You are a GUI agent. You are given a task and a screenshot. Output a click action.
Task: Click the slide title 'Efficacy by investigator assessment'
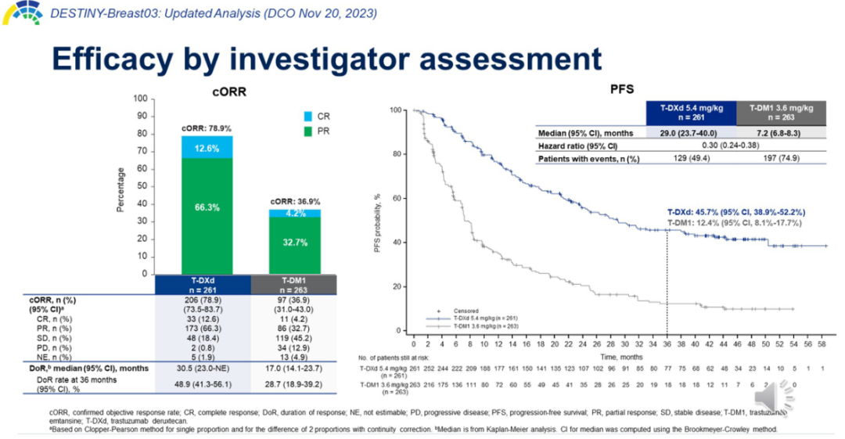[325, 59]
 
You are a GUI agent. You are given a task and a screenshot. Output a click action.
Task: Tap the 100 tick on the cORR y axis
[140, 99]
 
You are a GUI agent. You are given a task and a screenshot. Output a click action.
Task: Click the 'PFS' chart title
[622, 90]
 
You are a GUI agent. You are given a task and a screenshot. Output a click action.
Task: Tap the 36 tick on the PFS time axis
[667, 344]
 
